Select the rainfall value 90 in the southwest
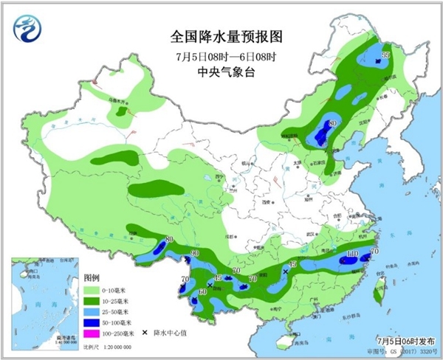pyautogui.click(x=195, y=254)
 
